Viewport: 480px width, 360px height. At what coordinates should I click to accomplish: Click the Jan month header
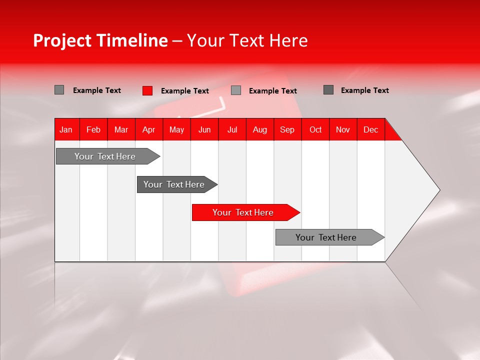[x=66, y=129]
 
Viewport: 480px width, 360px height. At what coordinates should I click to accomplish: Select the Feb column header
[x=93, y=129]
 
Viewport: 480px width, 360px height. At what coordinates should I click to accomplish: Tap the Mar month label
[x=121, y=129]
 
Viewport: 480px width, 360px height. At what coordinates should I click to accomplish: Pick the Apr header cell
[x=149, y=129]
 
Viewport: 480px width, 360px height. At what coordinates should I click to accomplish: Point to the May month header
[x=176, y=129]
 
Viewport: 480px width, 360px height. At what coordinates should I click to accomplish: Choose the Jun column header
[x=204, y=129]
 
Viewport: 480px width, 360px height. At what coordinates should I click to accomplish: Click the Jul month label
[x=232, y=129]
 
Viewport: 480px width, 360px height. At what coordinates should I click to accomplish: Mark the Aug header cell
[x=260, y=129]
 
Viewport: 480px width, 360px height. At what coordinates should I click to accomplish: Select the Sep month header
[x=287, y=129]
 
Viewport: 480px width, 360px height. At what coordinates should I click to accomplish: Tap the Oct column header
[x=315, y=129]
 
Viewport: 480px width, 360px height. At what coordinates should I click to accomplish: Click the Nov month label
[x=343, y=129]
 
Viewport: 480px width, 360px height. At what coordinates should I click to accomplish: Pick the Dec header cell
[x=371, y=129]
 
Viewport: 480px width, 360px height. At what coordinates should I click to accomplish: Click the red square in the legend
[x=147, y=90]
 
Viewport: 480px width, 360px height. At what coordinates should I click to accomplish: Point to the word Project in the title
[x=63, y=41]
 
